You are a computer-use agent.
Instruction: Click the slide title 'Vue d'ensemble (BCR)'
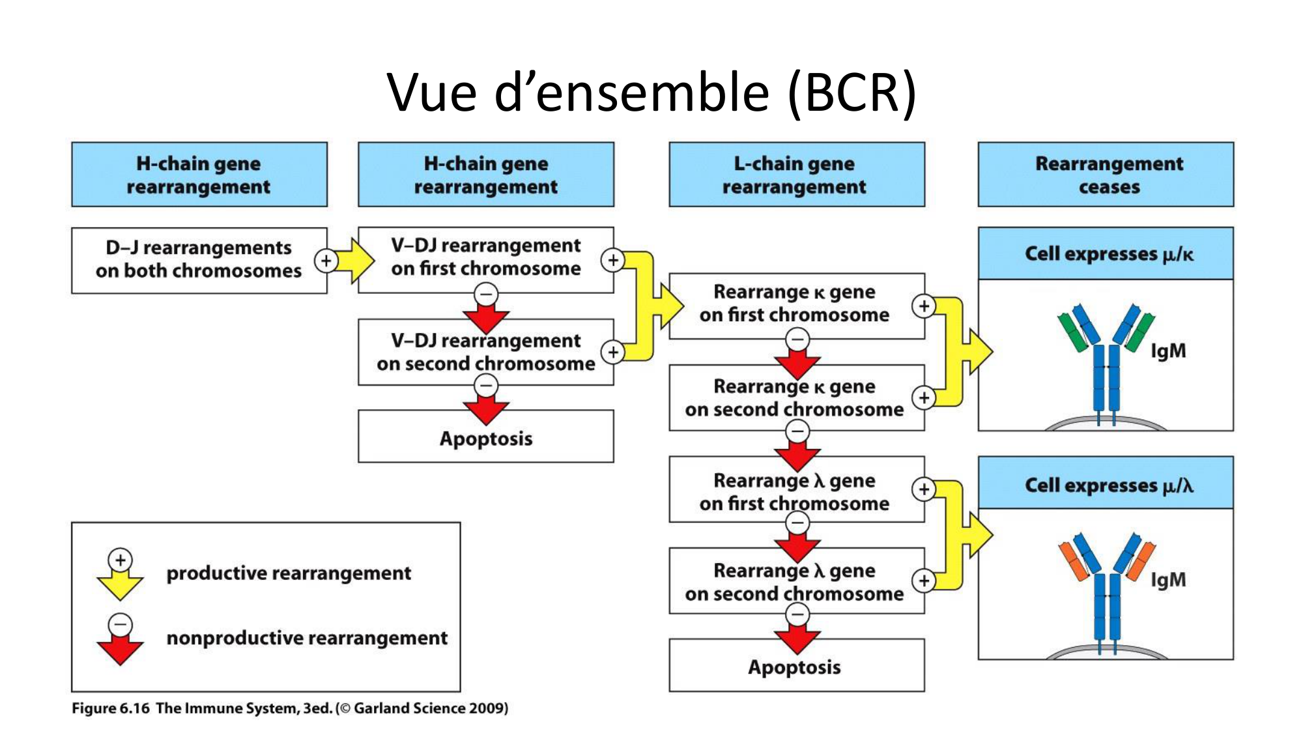[x=651, y=93]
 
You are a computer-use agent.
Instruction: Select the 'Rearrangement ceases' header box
[x=1106, y=175]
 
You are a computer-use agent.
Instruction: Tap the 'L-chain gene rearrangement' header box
[x=796, y=175]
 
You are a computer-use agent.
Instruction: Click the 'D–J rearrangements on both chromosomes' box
[x=198, y=260]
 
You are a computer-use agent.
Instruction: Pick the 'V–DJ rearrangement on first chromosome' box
[x=485, y=258]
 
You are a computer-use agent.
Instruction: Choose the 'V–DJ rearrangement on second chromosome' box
[x=485, y=352]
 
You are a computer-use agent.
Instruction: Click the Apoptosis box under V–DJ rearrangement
[x=485, y=438]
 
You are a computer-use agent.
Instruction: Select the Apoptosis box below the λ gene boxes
[x=796, y=667]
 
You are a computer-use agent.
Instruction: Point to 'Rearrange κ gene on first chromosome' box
[x=795, y=304]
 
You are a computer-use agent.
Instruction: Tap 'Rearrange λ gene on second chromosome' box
[x=795, y=582]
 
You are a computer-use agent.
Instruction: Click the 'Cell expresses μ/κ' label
[x=1108, y=254]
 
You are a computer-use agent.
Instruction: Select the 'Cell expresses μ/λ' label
[x=1108, y=485]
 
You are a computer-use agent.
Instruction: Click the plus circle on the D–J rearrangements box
[x=326, y=261]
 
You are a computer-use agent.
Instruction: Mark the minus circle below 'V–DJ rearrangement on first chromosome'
[x=486, y=295]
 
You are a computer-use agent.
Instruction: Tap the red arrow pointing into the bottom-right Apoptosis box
[x=797, y=640]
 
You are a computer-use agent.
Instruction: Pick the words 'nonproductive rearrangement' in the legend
[x=307, y=638]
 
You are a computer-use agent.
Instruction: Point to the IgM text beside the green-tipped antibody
[x=1168, y=351]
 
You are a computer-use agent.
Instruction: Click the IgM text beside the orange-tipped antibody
[x=1168, y=580]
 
